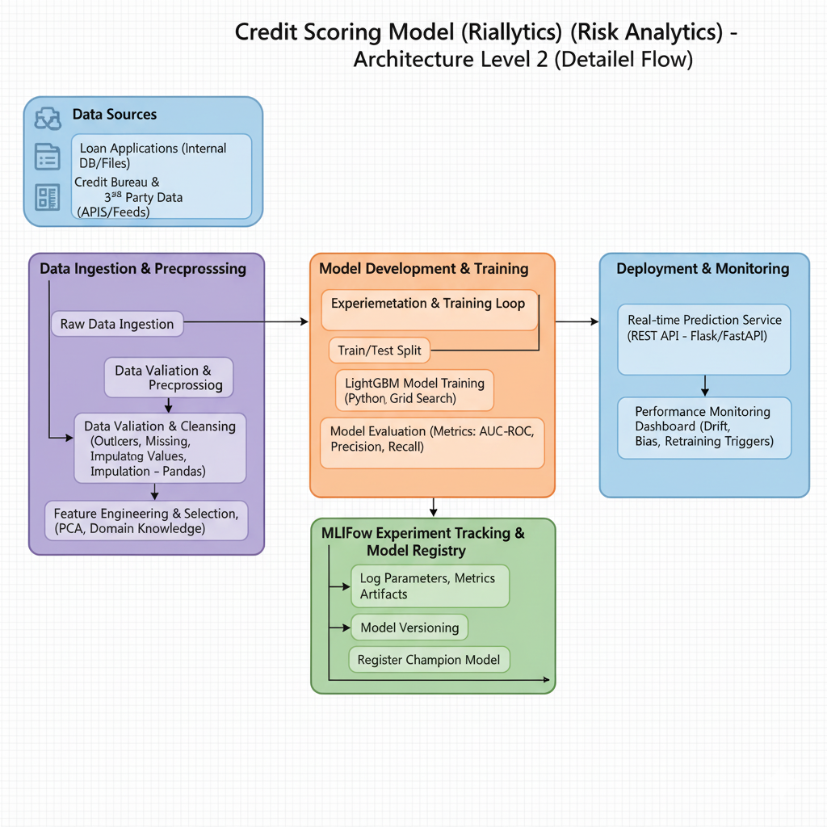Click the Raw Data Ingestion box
coord(117,324)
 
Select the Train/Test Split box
coord(380,351)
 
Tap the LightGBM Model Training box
coord(414,390)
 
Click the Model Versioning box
coord(409,628)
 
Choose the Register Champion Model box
coord(429,659)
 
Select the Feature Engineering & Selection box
coord(146,521)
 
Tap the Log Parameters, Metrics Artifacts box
coord(429,586)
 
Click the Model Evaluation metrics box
coord(432,443)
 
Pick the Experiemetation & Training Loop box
coord(429,309)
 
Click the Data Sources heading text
coord(115,115)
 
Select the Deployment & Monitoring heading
coord(703,269)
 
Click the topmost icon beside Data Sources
coord(48,119)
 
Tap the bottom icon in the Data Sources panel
coord(48,196)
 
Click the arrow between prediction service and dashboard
coord(705,384)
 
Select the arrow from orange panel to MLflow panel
coord(434,507)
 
